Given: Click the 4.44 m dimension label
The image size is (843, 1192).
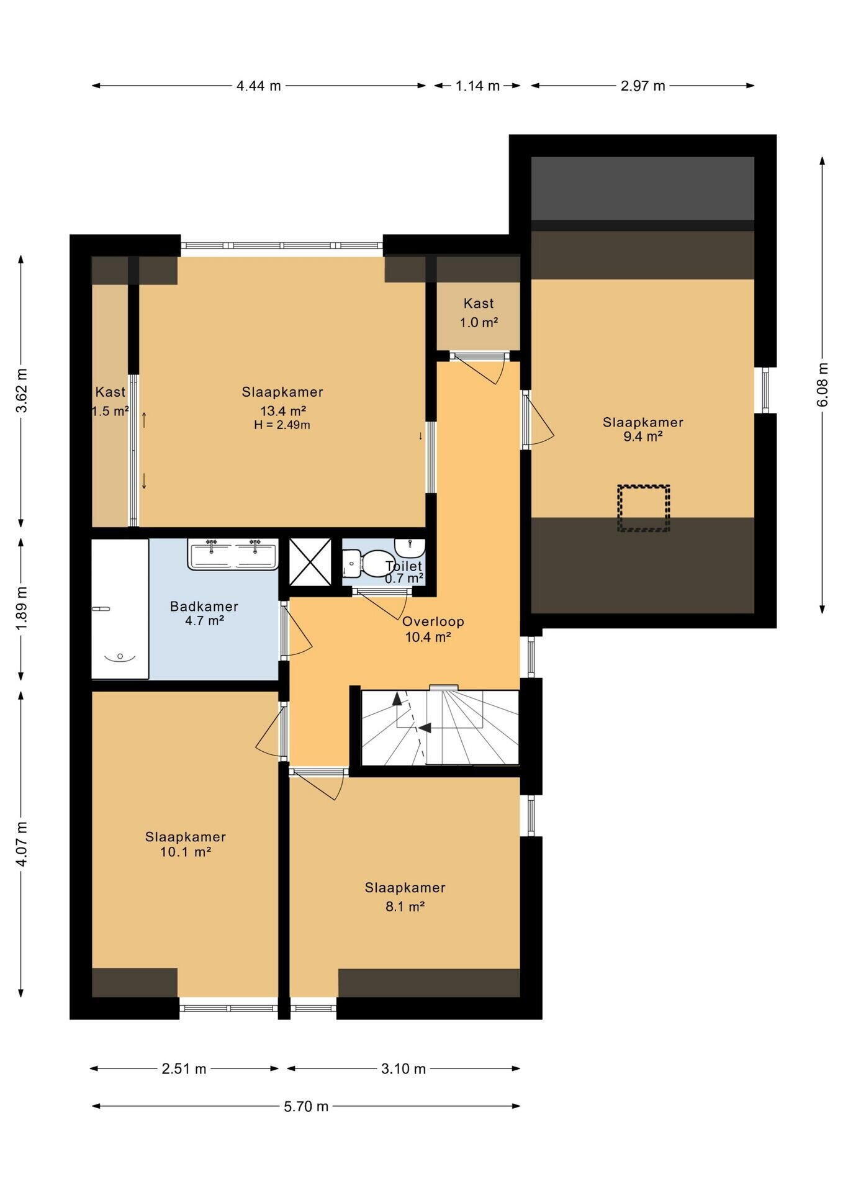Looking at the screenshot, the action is click(258, 86).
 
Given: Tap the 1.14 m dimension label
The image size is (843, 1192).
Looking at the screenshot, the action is click(477, 86).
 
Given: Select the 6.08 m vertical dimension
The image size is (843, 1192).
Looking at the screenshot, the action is click(823, 384).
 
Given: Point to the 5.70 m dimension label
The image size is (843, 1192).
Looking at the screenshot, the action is click(306, 1106).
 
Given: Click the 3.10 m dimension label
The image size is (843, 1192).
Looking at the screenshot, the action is click(403, 1068).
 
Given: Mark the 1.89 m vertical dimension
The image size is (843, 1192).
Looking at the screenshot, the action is click(21, 608).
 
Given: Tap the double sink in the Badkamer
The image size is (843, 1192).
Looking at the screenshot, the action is click(233, 554).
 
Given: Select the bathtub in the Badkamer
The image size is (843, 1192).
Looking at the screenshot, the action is click(120, 608).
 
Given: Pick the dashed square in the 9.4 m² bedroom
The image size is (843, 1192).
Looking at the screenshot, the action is click(643, 508).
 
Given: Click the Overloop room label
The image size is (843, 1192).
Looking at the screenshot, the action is click(433, 621).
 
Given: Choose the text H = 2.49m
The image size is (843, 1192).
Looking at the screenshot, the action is click(282, 425).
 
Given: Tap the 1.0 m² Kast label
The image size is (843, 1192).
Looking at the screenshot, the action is click(479, 313).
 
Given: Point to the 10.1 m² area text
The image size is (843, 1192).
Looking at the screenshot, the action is click(186, 852).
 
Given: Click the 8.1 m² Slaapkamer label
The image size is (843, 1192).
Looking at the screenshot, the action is click(405, 896).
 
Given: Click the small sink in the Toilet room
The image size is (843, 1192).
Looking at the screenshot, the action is click(410, 547).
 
